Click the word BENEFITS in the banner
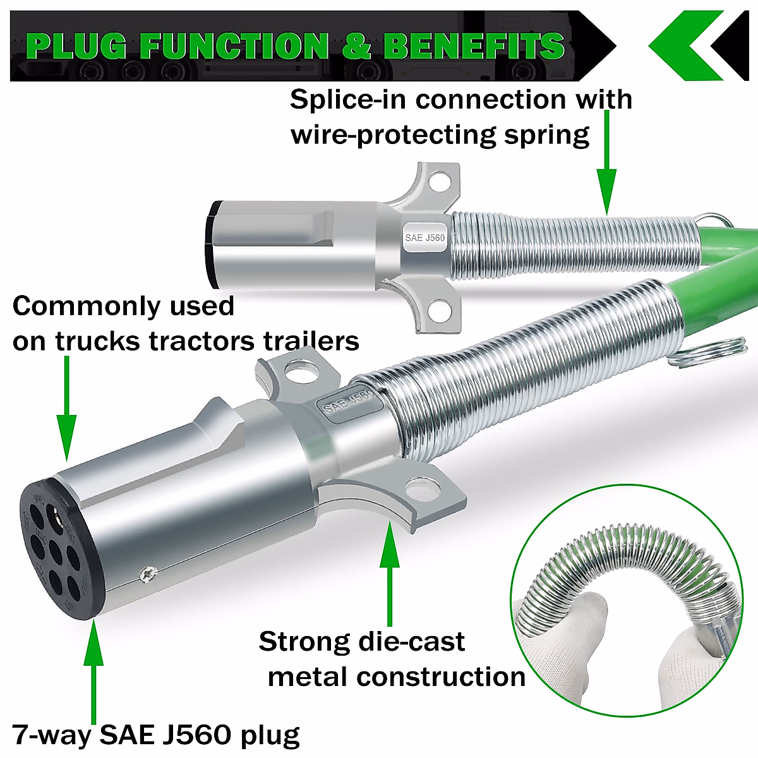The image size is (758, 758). point(474,46)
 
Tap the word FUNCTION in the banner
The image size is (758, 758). point(234,46)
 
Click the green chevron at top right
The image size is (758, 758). point(685,45)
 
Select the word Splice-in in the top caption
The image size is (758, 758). point(347,99)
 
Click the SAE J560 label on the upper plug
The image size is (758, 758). point(425,238)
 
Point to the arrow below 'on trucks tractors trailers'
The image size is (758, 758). point(66,411)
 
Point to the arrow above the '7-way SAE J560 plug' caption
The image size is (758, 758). point(93,670)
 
